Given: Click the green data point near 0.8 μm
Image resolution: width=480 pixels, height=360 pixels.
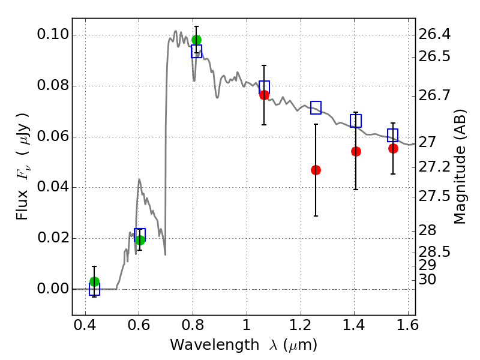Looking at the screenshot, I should [x=196, y=40].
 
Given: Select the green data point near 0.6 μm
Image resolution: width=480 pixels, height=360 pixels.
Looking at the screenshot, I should [x=140, y=240].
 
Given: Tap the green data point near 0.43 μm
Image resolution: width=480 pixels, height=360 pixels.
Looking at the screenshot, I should [x=94, y=281].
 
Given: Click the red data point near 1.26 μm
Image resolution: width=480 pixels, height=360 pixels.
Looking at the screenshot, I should [x=316, y=170].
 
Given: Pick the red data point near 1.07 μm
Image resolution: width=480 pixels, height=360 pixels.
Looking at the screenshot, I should [x=264, y=95].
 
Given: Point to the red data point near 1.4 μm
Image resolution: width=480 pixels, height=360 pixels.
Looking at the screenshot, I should [x=356, y=151].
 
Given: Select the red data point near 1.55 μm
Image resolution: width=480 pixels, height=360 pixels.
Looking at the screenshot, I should [x=393, y=148].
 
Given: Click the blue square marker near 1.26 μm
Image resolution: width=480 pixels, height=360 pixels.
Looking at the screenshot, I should [x=316, y=108].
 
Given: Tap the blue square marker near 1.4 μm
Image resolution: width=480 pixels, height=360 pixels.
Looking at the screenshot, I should [x=356, y=121].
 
